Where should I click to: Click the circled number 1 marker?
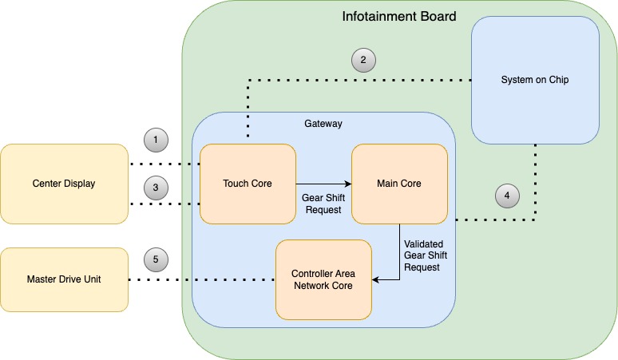point(156,140)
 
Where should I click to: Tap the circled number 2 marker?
point(363,61)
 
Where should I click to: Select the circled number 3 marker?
point(156,188)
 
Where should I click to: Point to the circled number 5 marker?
point(156,259)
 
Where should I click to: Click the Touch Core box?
point(248,184)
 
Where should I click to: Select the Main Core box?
point(399,184)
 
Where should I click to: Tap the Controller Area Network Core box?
point(323,279)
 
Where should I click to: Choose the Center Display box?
point(64,184)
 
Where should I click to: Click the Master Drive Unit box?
point(64,279)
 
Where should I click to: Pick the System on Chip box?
point(535,80)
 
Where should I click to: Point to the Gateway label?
point(323,124)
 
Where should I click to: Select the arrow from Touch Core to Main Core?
point(323,184)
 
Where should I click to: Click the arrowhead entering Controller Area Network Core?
point(376,279)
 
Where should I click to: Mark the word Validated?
point(424,243)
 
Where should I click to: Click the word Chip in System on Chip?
point(559,80)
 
